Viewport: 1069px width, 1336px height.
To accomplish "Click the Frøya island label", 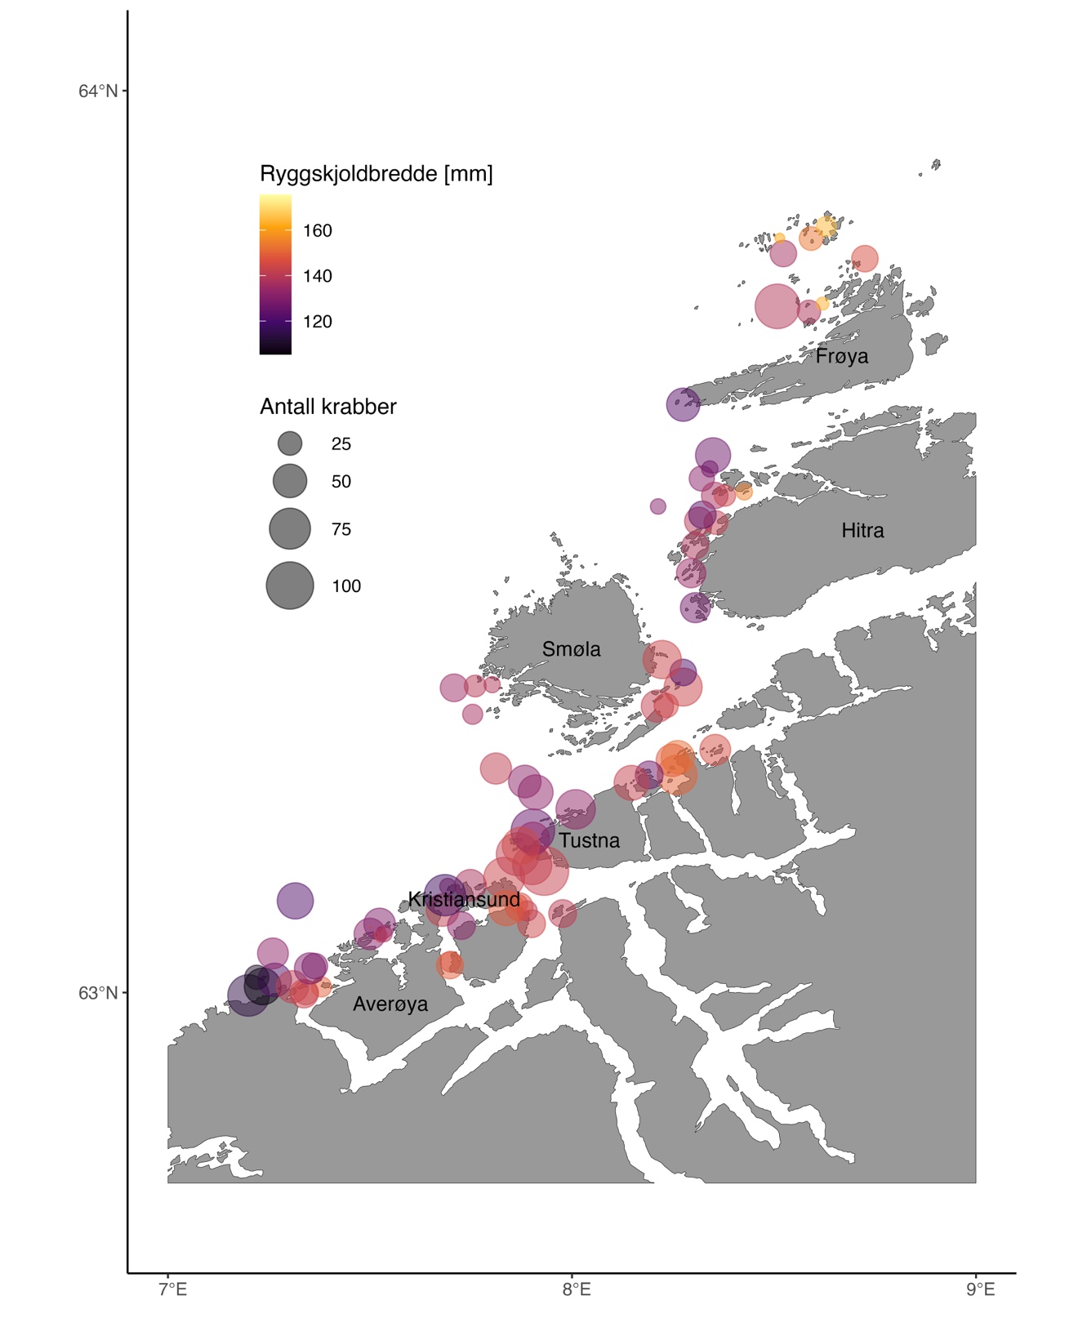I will (x=841, y=356).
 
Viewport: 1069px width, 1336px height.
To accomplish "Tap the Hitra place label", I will (x=862, y=531).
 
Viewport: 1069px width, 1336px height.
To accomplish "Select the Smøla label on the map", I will (x=571, y=649).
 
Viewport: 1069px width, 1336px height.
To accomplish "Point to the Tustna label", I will (x=589, y=840).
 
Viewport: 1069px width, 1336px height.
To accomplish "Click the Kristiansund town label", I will (x=464, y=899).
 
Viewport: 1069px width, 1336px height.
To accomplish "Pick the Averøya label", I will (x=390, y=1004).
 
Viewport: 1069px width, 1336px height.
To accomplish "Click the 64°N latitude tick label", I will (x=98, y=91).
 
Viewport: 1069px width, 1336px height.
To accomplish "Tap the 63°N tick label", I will (x=98, y=993).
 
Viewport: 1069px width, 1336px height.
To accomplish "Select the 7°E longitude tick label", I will (x=172, y=1289).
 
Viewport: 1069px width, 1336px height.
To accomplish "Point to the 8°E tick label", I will (x=576, y=1289).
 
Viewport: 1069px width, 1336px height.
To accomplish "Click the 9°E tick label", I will (x=980, y=1289).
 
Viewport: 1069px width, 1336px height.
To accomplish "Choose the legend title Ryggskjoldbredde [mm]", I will (x=376, y=174).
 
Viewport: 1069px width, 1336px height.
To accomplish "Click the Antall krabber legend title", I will (x=327, y=407).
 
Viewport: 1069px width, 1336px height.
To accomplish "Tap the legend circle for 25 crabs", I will (x=290, y=443).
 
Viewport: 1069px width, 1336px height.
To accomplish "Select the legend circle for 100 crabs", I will (x=290, y=586).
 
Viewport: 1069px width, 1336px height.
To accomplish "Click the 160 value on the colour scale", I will (x=317, y=231).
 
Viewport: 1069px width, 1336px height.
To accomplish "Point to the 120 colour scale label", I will (x=317, y=322).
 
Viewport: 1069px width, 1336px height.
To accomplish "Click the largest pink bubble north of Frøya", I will (x=776, y=305).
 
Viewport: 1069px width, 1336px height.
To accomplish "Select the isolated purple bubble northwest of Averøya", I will (x=295, y=902).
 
